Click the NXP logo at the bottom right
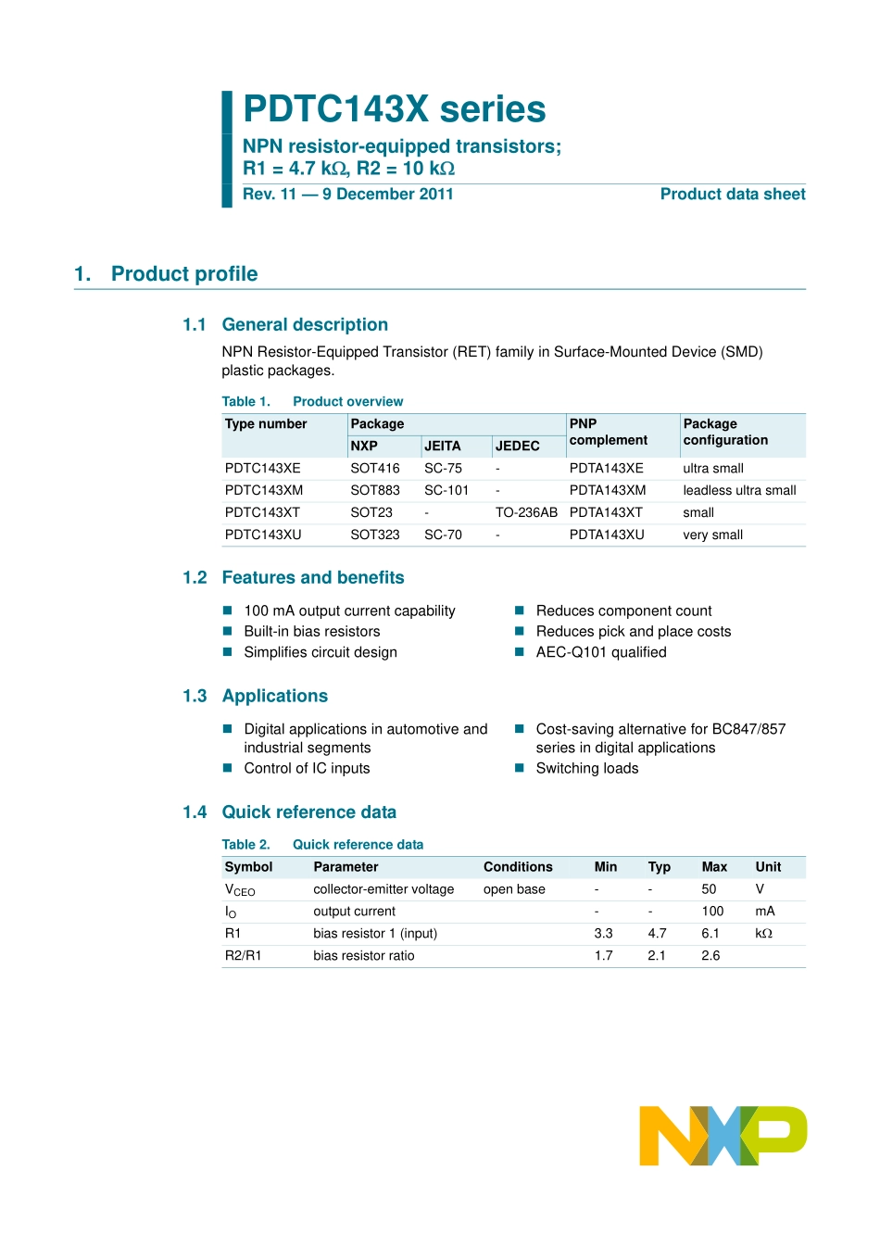tap(723, 1135)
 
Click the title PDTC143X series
tap(394, 109)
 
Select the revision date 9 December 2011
tap(387, 195)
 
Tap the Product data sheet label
tap(732, 195)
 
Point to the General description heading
tap(305, 325)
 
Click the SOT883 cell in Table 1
tap(374, 491)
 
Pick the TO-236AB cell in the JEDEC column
tap(526, 513)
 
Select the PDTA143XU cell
tap(607, 535)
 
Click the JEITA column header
tap(442, 447)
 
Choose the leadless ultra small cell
tap(739, 491)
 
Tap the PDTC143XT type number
tap(262, 513)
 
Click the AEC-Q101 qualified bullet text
tap(601, 652)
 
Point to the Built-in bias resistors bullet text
tap(312, 632)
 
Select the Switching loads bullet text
tap(587, 769)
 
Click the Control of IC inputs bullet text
tap(307, 769)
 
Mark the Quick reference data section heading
tap(308, 812)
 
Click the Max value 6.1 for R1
tap(710, 934)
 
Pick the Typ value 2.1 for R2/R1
tap(657, 956)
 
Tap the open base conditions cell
tap(514, 889)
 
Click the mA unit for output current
tap(765, 912)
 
